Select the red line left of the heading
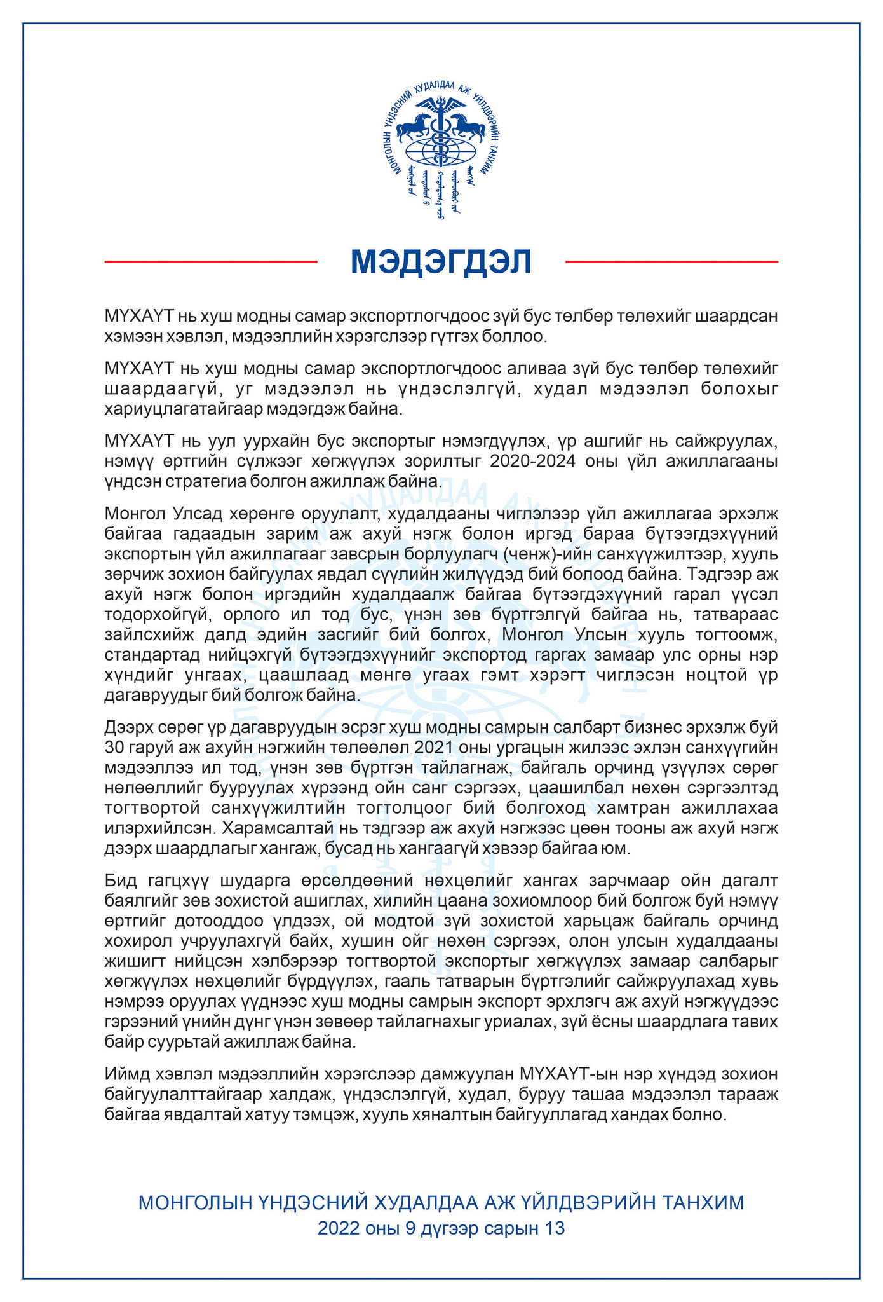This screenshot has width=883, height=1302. click(210, 261)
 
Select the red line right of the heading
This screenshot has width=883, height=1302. click(671, 261)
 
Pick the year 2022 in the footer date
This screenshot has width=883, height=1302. click(339, 1228)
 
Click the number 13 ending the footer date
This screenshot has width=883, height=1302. click(555, 1228)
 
